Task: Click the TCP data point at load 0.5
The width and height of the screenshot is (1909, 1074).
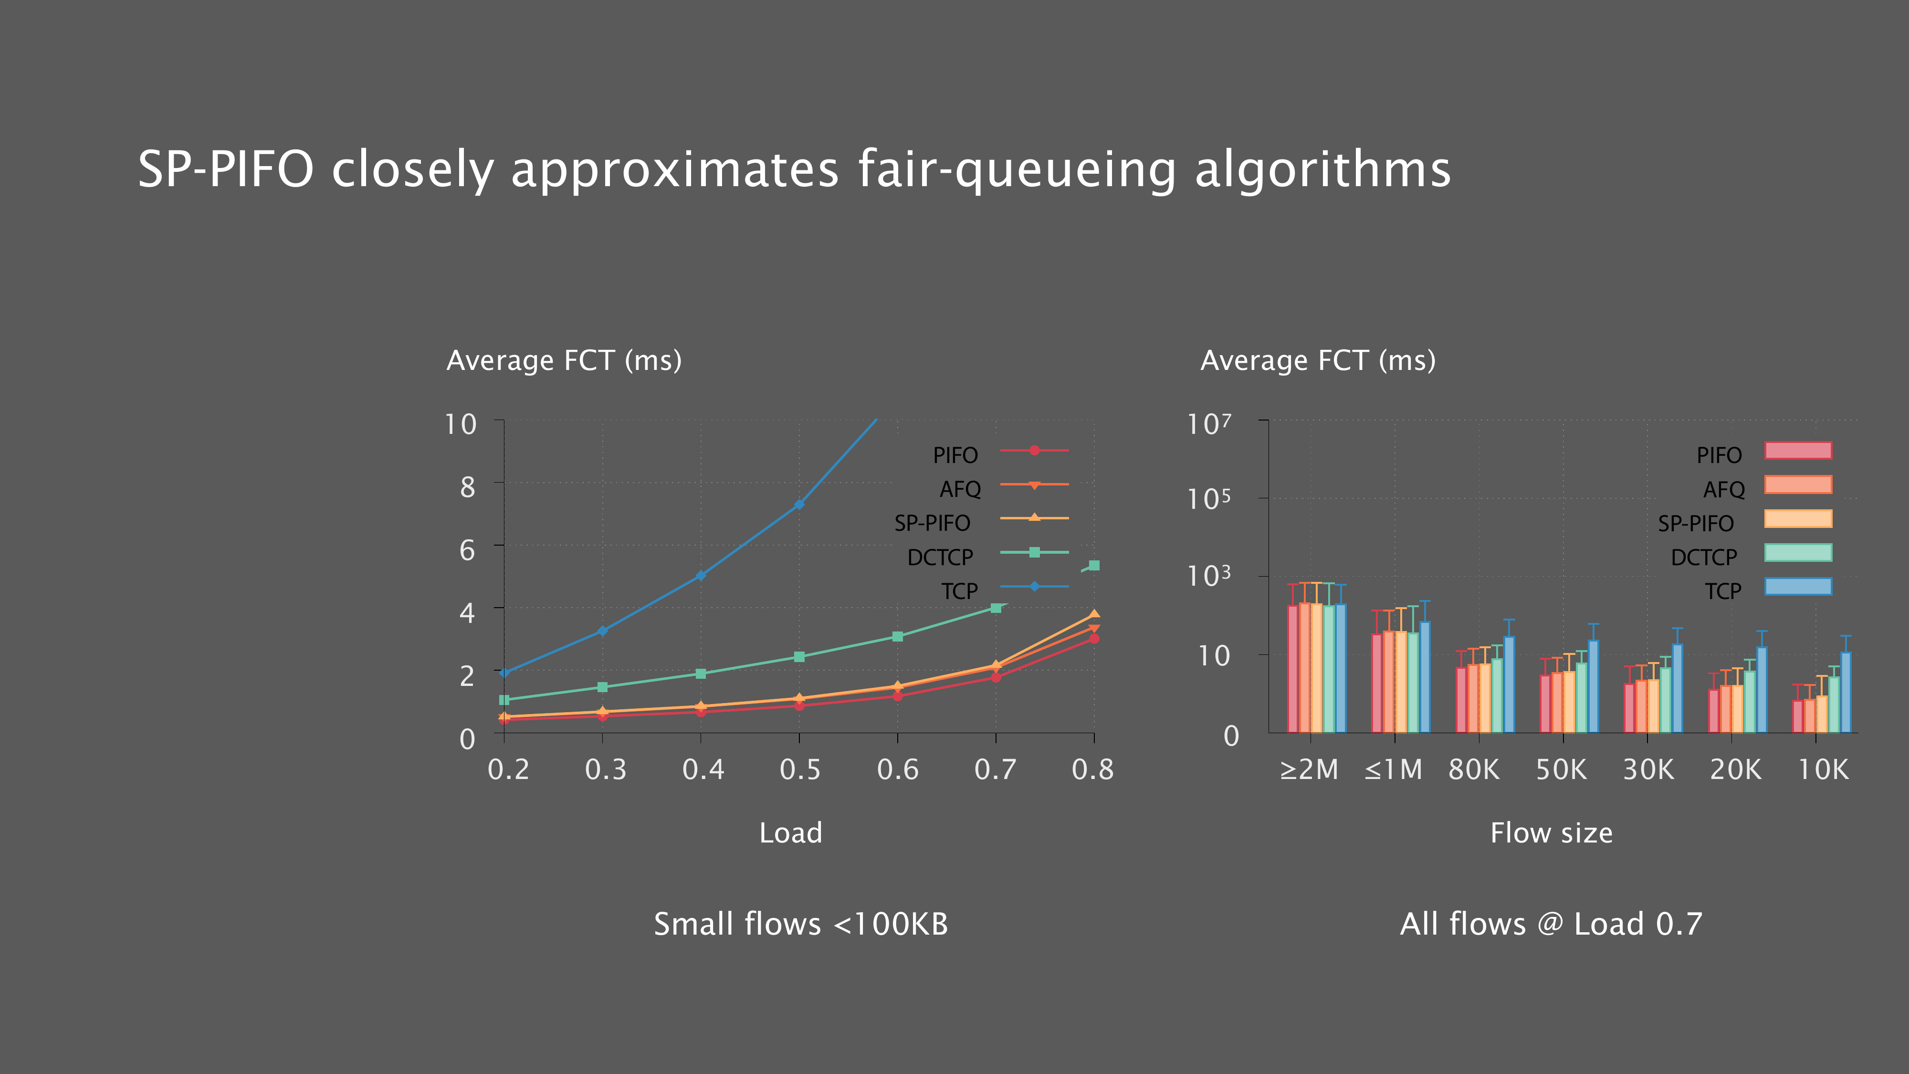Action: pos(799,505)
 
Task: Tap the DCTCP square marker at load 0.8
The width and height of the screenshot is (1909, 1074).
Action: pos(1094,566)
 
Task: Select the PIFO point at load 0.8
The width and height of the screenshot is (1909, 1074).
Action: pos(1094,638)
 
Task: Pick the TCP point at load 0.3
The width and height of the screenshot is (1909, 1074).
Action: pos(602,631)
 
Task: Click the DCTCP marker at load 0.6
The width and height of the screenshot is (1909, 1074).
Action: pos(897,637)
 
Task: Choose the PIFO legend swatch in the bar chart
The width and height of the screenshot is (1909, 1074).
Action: pos(1798,451)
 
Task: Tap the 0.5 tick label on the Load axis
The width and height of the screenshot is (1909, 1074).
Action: pos(799,770)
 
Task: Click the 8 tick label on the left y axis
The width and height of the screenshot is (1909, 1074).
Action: pos(467,487)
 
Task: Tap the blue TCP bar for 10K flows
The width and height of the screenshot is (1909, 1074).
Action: pos(1845,693)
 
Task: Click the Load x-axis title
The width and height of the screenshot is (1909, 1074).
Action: pos(791,833)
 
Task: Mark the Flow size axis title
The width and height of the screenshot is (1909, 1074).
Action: pos(1551,833)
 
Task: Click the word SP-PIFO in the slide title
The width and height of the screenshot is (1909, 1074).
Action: pos(226,170)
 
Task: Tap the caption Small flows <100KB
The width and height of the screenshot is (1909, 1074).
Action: pos(800,924)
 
